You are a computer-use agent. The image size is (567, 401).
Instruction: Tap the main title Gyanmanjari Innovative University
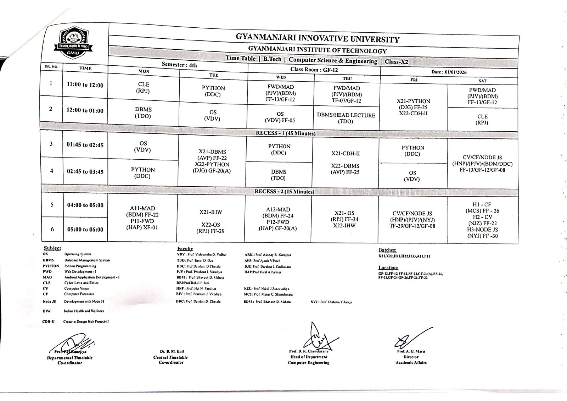tap(318, 38)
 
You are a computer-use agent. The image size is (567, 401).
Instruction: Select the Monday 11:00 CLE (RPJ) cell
tap(144, 87)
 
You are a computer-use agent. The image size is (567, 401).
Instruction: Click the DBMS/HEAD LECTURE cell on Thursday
tap(346, 118)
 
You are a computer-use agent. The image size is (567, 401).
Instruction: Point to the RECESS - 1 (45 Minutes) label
tap(286, 133)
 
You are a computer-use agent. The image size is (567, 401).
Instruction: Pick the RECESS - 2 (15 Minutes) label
tap(285, 192)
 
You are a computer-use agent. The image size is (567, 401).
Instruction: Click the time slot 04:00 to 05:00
tap(85, 205)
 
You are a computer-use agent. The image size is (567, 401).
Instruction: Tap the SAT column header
tap(482, 81)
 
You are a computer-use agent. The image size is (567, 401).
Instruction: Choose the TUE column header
tap(214, 75)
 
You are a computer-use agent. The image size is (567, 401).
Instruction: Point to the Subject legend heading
tap(52, 248)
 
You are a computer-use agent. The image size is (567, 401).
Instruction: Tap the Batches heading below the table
tap(387, 250)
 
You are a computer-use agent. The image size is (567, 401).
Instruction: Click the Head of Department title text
tap(309, 357)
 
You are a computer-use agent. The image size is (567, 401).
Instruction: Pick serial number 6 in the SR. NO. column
tap(52, 229)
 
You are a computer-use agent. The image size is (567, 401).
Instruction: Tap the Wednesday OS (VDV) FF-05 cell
tap(280, 117)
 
